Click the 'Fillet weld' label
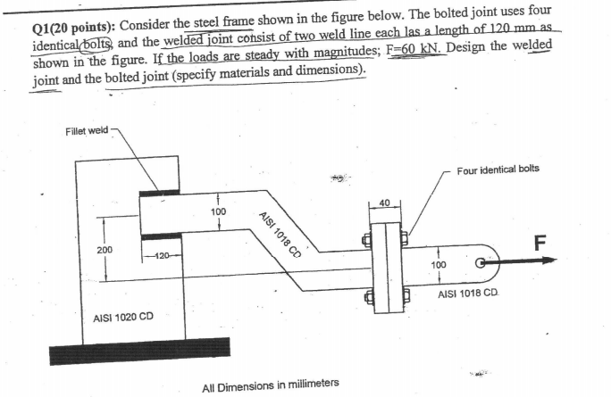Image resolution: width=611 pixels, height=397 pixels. (87, 130)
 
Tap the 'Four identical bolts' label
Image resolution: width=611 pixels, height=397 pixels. (498, 169)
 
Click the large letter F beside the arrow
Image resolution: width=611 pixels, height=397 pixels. (539, 242)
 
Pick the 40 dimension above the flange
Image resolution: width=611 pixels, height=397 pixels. (385, 203)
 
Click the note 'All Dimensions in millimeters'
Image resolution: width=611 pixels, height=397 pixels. (271, 385)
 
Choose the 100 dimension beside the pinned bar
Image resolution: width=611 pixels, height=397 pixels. (438, 266)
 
